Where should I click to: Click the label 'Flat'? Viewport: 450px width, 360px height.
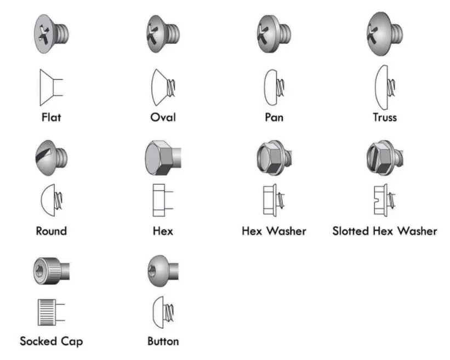point(51,117)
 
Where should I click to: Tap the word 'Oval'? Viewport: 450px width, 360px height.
point(163,117)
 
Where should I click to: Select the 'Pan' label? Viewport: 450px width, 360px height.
point(274,117)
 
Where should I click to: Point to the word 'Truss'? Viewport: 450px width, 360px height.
point(384,117)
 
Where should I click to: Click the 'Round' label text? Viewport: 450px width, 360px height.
point(51,231)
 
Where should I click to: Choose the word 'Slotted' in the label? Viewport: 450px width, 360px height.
point(350,231)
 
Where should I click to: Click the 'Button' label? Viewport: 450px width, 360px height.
point(163,341)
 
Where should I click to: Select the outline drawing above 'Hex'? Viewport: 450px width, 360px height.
point(162,202)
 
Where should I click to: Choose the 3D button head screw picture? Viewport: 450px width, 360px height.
point(163,269)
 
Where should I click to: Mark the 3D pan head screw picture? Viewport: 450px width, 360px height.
point(273,34)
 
